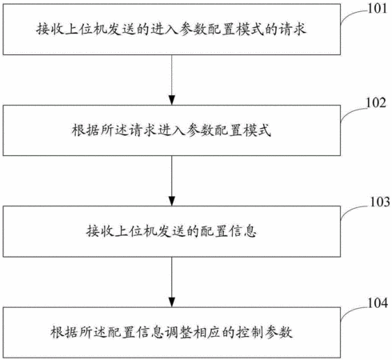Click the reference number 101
click(378, 9)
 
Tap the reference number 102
click(376, 103)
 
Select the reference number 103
click(380, 202)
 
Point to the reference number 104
click(378, 303)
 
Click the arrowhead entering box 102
click(172, 100)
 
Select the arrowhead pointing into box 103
click(172, 201)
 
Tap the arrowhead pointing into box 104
click(172, 302)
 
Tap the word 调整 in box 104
click(178, 332)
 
